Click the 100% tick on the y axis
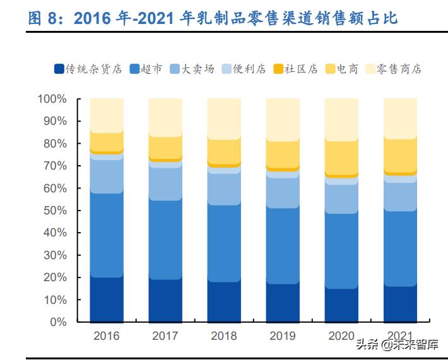52,99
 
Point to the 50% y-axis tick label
54,211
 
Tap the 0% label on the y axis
57,322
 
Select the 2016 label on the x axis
106,335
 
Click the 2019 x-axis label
282,335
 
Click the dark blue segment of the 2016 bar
106,299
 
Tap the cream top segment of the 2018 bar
223,119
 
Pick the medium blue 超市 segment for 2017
165,240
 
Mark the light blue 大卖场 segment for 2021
399,196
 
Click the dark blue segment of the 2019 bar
282,303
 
